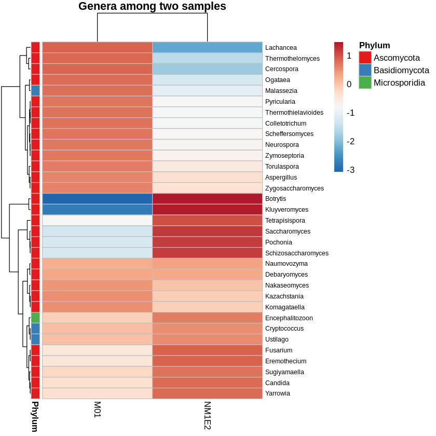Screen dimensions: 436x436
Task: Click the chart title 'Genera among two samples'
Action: (x=152, y=7)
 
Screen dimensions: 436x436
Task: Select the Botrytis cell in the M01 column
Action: (x=97, y=199)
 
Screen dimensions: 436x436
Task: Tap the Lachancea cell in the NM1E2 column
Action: (x=207, y=47)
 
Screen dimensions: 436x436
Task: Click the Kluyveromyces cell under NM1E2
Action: (x=207, y=210)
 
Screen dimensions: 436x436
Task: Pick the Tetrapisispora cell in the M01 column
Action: (x=97, y=221)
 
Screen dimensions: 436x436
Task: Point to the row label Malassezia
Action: (x=281, y=91)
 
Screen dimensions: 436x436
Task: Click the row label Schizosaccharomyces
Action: (x=296, y=253)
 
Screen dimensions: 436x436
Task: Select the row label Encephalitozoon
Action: (x=289, y=318)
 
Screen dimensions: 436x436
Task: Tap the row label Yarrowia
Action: (x=277, y=393)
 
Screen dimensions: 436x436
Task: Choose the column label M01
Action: (x=97, y=409)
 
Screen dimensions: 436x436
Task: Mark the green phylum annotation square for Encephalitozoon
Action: (x=35, y=318)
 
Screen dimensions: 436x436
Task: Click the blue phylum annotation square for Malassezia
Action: (x=35, y=90)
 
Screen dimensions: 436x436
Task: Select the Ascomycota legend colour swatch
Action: (x=365, y=58)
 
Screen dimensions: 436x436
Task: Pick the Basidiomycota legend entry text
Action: (x=401, y=70)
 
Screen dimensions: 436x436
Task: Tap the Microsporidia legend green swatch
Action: (x=365, y=83)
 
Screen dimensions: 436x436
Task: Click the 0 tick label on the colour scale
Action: (x=349, y=84)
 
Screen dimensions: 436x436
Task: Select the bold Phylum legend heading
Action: (x=374, y=46)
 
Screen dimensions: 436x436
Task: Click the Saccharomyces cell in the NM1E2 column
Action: (x=207, y=231)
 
